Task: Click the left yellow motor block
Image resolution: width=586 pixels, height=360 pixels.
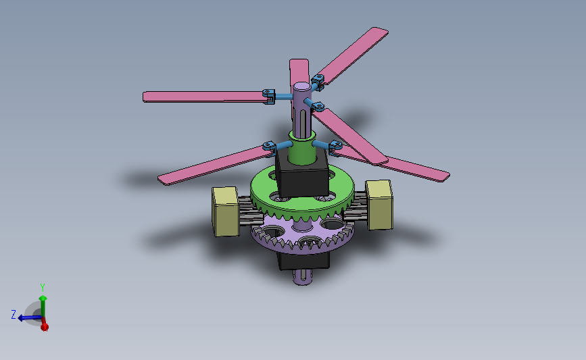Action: tap(226, 211)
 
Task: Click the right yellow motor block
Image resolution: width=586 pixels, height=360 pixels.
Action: tap(379, 205)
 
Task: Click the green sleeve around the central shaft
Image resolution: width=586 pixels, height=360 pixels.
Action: tap(301, 147)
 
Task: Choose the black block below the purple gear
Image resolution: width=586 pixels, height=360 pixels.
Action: tap(303, 261)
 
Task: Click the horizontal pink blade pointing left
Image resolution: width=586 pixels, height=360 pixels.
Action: tap(203, 97)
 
